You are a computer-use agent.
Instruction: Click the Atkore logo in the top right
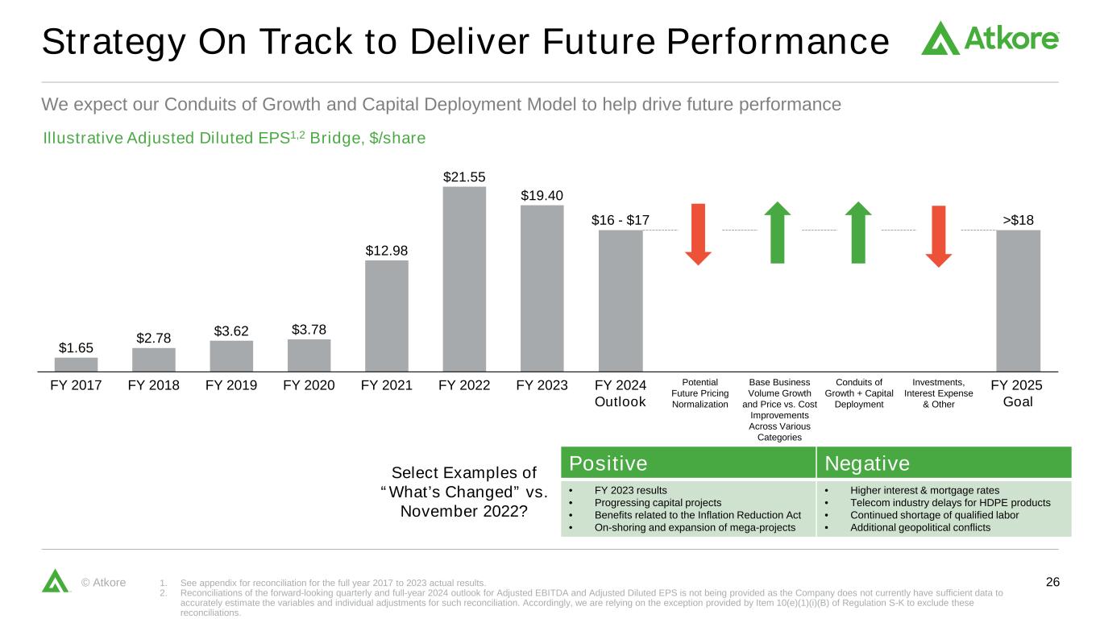(990, 38)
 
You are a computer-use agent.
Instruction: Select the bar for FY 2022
(464, 279)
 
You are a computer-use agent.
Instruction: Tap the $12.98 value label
(387, 251)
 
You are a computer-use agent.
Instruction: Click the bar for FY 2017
(76, 364)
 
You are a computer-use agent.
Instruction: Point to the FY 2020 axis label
(309, 385)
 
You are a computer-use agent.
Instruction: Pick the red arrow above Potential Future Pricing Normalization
(698, 235)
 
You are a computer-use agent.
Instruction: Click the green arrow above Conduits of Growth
(858, 232)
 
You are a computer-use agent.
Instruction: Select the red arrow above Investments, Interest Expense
(939, 236)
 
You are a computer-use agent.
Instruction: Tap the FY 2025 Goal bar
(1018, 301)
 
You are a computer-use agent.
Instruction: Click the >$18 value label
(1018, 220)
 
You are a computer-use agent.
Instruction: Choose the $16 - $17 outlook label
(621, 220)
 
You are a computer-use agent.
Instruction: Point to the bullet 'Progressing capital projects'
(658, 503)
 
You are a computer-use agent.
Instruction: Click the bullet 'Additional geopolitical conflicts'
(920, 528)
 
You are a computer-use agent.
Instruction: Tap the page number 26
(1052, 582)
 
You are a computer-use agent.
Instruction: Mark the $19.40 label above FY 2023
(542, 196)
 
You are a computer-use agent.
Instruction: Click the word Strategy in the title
(114, 43)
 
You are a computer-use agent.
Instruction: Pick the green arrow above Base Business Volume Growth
(778, 232)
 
